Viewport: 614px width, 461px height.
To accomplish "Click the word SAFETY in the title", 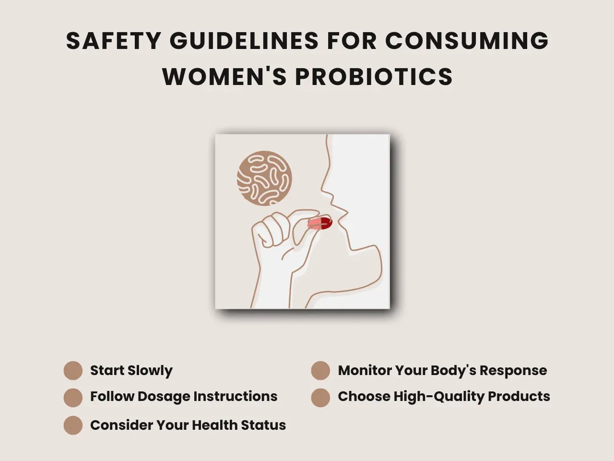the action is (114, 41).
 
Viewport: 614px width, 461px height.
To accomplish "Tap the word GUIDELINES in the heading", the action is (244, 41).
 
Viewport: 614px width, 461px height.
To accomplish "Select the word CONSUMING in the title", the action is (467, 41).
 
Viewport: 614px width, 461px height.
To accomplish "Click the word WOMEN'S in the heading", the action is (224, 76).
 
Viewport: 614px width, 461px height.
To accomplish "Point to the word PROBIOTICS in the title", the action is (374, 76).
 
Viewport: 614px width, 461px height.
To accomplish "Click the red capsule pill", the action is (320, 223).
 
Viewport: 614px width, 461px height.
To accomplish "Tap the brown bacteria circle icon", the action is (264, 178).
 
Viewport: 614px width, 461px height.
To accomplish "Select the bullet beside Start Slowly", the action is (73, 370).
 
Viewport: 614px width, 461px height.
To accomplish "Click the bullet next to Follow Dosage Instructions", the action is (73, 398).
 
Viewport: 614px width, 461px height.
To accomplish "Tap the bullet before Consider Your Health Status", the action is (73, 425).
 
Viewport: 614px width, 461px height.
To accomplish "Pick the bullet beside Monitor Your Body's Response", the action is (320, 370).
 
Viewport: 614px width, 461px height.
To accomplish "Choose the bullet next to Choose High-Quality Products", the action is (320, 398).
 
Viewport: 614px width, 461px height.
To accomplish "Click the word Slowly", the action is (150, 371).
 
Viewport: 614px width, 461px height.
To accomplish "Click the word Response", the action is (513, 371).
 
